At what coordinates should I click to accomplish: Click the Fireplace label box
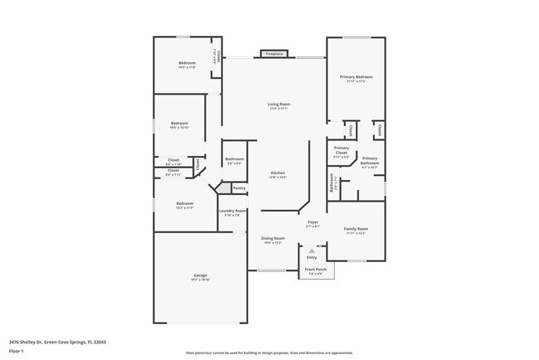[274, 54]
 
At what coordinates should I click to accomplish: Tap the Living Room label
[279, 105]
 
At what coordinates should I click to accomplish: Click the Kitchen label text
[278, 173]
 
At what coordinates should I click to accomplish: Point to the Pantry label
[239, 188]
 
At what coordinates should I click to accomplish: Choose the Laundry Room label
[232, 211]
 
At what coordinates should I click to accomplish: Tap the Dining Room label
[274, 239]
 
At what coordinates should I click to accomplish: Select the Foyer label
[313, 222]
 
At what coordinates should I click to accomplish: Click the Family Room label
[356, 228]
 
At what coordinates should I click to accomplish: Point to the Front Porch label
[314, 269]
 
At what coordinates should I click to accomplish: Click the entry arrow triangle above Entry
[312, 248]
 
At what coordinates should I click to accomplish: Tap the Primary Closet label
[341, 151]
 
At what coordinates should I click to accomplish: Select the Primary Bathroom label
[370, 160]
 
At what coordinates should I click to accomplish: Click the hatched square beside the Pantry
[222, 189]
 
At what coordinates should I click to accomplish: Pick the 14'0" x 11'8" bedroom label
[187, 64]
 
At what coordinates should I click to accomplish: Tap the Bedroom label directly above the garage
[184, 203]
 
